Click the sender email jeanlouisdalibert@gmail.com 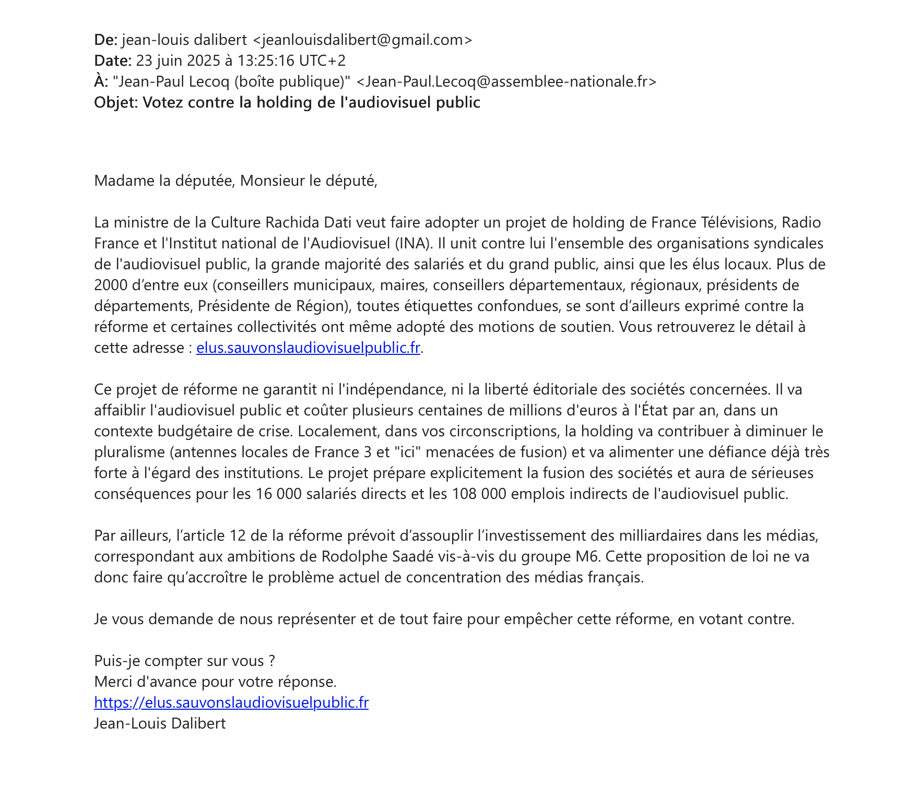pos(362,40)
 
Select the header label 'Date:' pos(113,61)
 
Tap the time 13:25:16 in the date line pos(266,61)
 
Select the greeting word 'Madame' pos(120,181)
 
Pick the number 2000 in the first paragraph pos(111,285)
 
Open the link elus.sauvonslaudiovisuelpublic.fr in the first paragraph pos(308,348)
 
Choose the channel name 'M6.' pos(588,556)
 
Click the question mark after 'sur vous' pos(271,661)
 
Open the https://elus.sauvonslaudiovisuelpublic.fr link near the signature pos(231,702)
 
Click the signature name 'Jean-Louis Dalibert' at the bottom pos(160,723)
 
